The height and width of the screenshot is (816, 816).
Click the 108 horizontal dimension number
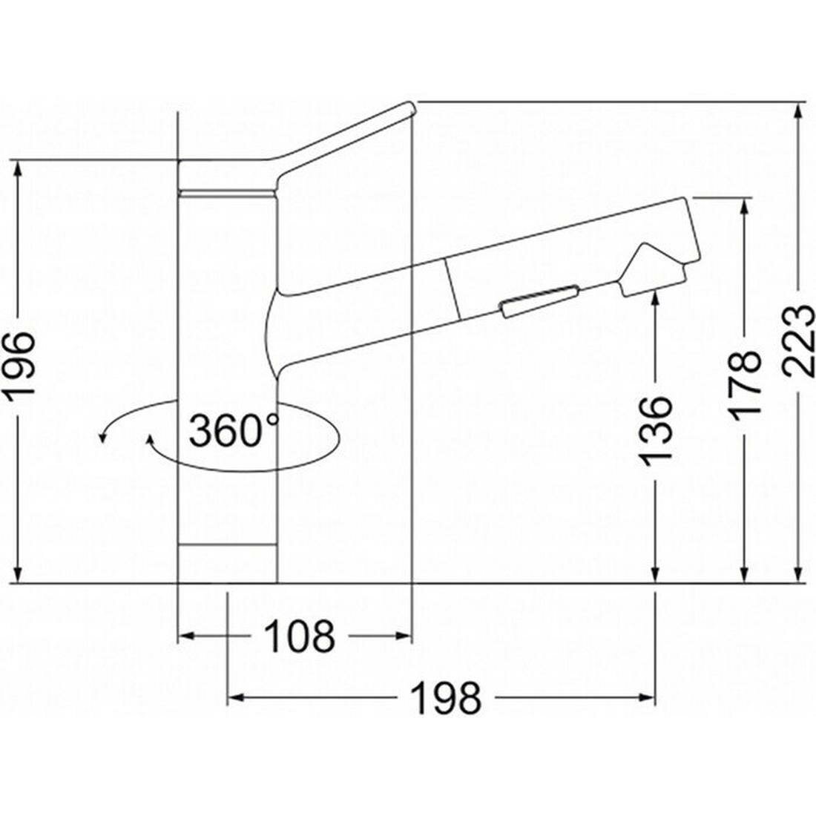click(x=299, y=636)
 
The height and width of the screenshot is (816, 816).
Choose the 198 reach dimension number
click(x=446, y=698)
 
